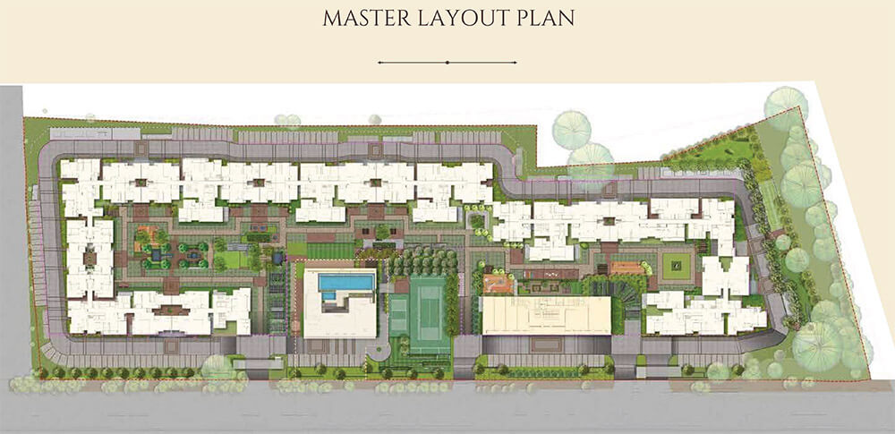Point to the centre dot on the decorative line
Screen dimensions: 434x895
point(447,63)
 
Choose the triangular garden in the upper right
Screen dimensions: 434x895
point(716,152)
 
